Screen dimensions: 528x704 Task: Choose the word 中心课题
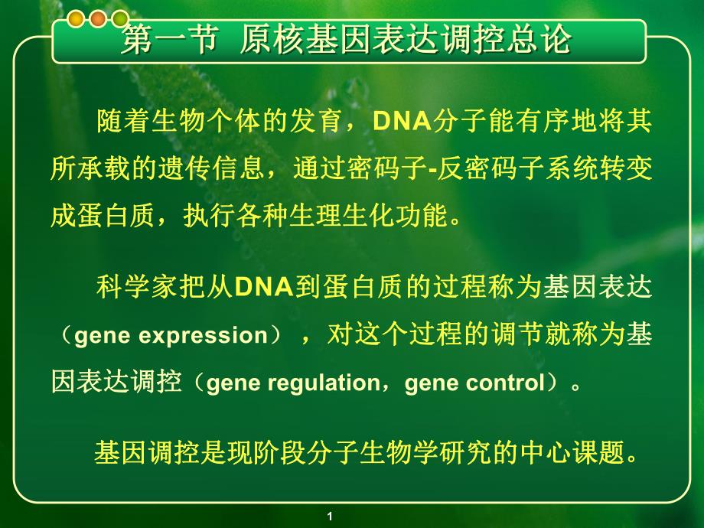coord(590,452)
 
